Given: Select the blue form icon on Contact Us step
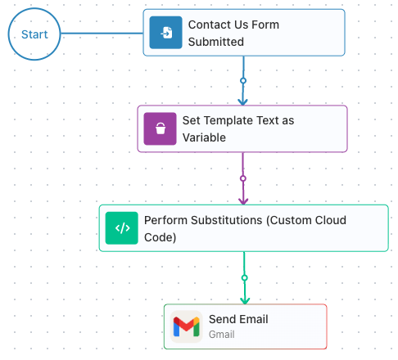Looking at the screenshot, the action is point(165,33).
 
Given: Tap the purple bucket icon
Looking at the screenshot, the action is point(160,128).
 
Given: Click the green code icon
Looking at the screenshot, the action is point(122,228).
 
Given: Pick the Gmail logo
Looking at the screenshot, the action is point(187,326).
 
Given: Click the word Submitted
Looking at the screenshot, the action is point(216,42).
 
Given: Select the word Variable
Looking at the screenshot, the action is point(204,137).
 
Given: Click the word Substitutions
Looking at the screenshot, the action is point(227,220).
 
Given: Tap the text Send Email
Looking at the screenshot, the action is point(238,319).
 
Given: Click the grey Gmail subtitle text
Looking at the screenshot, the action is point(222,335).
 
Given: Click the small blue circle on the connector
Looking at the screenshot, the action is point(243,81).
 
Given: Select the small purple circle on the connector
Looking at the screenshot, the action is point(243,178).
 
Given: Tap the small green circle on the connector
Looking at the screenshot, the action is point(245,278).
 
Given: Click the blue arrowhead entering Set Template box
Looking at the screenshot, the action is point(242,102).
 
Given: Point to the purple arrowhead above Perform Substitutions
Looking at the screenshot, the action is point(243,201).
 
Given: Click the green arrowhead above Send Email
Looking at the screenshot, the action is point(245,300).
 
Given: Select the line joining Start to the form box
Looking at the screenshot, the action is point(102,34).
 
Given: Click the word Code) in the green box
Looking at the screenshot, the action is point(161,237).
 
